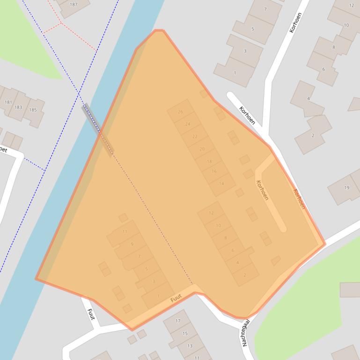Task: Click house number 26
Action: [181, 112]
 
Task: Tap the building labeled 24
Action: [188, 124]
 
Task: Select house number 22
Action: [195, 137]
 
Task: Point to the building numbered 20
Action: [202, 149]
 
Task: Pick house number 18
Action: [209, 161]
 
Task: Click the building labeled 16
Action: [214, 172]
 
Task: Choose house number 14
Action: [221, 184]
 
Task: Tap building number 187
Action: [73, 5]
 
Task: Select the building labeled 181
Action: [8, 102]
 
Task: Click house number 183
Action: [18, 107]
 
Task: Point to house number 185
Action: [33, 110]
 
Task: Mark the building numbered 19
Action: [347, 188]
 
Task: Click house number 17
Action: [178, 321]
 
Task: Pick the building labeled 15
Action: [185, 333]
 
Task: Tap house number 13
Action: [190, 346]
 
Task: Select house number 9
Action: [132, 244]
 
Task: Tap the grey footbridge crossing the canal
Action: [98, 130]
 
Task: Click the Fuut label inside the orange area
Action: [176, 298]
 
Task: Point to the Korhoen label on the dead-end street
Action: [263, 191]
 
